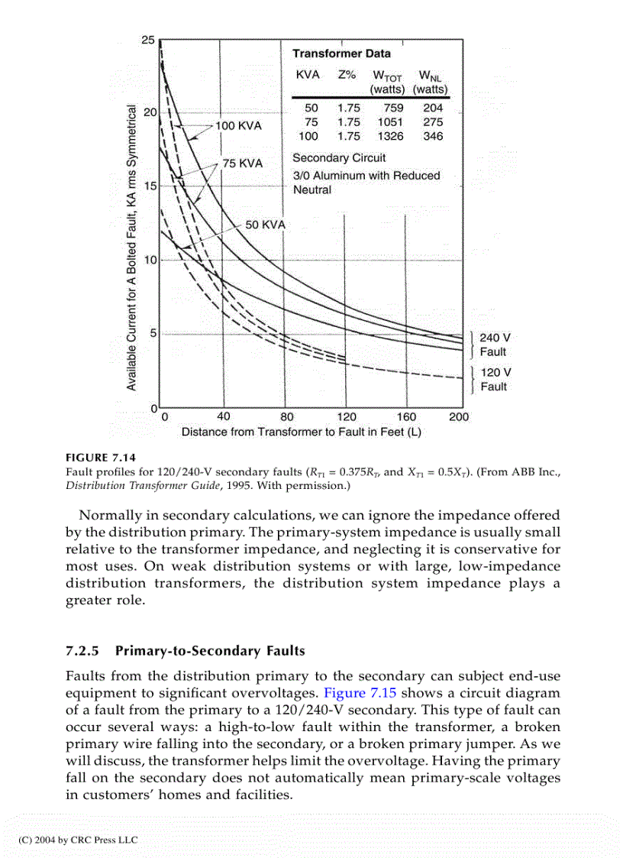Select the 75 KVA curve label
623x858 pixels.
[x=242, y=164]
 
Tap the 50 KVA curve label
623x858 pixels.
[x=264, y=225]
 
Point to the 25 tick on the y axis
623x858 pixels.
[x=148, y=40]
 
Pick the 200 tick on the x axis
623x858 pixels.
[x=459, y=417]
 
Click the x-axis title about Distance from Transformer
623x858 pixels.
[x=302, y=432]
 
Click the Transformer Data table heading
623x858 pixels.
[x=341, y=53]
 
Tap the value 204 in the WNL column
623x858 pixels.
[x=432, y=108]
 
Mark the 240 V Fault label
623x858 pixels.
[x=494, y=344]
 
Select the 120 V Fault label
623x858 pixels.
[x=494, y=379]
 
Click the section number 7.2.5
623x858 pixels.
[x=84, y=651]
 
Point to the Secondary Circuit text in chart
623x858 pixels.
[x=339, y=158]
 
